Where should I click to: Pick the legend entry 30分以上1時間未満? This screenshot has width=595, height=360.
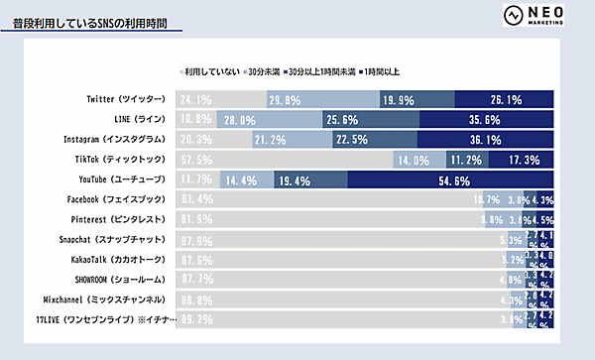coord(321,71)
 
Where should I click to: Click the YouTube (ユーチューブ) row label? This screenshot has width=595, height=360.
coord(121,180)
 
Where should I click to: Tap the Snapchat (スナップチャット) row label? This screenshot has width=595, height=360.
coord(119,240)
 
